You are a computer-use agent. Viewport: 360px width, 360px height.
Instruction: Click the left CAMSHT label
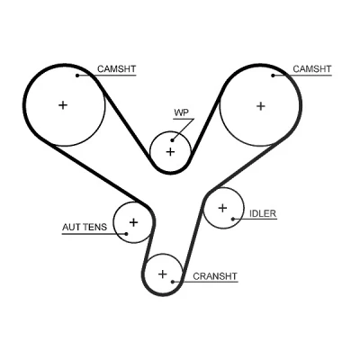(116, 69)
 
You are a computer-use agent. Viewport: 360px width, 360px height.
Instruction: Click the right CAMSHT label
(312, 69)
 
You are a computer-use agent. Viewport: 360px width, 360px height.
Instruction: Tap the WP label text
(182, 112)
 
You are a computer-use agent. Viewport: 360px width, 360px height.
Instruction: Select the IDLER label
(263, 213)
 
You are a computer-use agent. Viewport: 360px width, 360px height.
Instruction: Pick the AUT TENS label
(85, 227)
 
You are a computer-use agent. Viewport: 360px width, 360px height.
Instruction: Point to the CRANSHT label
(215, 276)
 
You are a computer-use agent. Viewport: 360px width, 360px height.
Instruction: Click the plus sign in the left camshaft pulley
(63, 105)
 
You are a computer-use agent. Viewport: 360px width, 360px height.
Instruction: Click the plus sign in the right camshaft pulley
(261, 106)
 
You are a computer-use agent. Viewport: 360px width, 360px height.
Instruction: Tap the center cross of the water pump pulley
(170, 152)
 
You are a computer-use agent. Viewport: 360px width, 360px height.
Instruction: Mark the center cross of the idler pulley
(222, 208)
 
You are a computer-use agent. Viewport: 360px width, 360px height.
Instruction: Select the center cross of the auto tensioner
(133, 222)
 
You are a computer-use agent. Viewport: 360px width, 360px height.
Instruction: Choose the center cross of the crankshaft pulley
(162, 274)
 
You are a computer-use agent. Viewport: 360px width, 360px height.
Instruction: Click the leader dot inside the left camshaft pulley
(77, 76)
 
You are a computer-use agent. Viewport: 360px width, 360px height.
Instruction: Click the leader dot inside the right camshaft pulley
(273, 76)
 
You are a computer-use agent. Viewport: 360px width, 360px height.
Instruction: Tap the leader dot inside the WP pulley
(173, 140)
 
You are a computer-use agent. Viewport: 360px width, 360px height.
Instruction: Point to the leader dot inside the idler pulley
(233, 219)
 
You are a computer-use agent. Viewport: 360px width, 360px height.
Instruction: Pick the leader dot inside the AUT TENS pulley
(126, 234)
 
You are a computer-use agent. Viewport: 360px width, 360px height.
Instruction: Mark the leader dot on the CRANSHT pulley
(173, 282)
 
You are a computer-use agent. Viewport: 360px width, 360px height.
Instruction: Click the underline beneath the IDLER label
(255, 219)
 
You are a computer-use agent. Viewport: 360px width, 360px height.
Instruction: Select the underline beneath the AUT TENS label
(94, 234)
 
